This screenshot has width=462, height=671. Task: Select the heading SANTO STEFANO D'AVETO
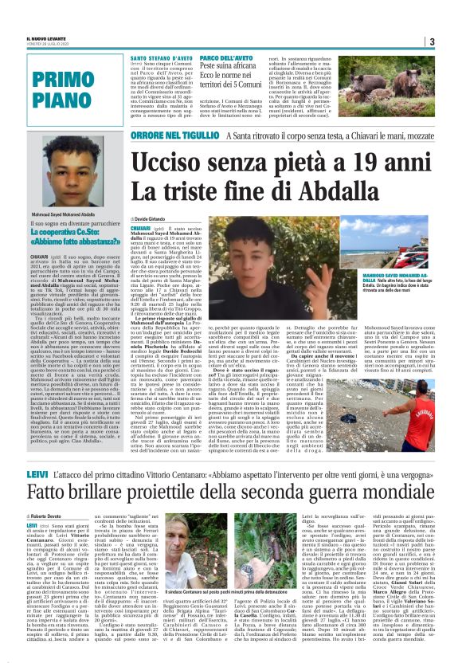point(157,57)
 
